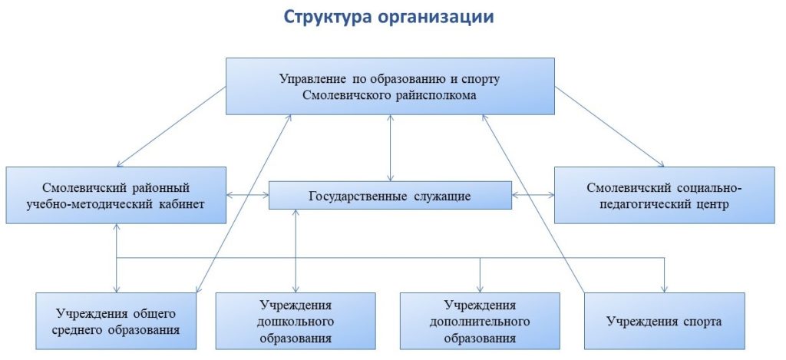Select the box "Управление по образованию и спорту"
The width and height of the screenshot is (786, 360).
click(x=390, y=87)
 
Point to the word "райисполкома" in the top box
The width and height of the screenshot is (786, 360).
click(x=439, y=96)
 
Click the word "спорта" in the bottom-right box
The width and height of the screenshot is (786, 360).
click(x=704, y=321)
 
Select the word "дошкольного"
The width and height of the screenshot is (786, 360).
click(x=296, y=322)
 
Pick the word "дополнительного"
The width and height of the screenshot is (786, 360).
click(x=480, y=322)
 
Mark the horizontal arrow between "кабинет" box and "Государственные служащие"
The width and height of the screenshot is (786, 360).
click(x=247, y=196)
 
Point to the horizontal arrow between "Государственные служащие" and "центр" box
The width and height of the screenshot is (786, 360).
click(x=533, y=196)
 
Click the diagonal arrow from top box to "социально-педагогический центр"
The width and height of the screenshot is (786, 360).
click(x=610, y=126)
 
